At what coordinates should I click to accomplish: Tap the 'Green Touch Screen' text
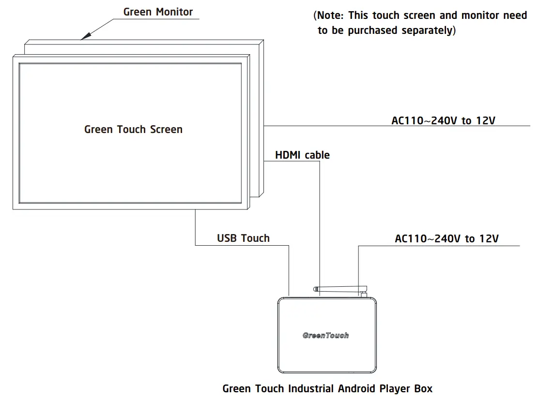[x=133, y=130]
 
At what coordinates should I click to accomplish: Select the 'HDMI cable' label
[x=302, y=155]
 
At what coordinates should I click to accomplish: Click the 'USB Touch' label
[x=243, y=238]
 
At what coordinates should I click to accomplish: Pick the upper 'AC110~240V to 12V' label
[x=443, y=120]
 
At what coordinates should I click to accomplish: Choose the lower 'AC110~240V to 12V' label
[x=447, y=238]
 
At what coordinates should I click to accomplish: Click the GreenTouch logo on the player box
[x=325, y=335]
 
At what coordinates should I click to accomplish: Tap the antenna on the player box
[x=339, y=290]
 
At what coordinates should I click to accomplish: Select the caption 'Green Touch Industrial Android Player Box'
[x=327, y=388]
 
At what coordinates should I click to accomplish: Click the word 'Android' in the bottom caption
[x=356, y=388]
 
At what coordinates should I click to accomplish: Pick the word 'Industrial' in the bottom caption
[x=311, y=388]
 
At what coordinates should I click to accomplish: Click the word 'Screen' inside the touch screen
[x=166, y=130]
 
